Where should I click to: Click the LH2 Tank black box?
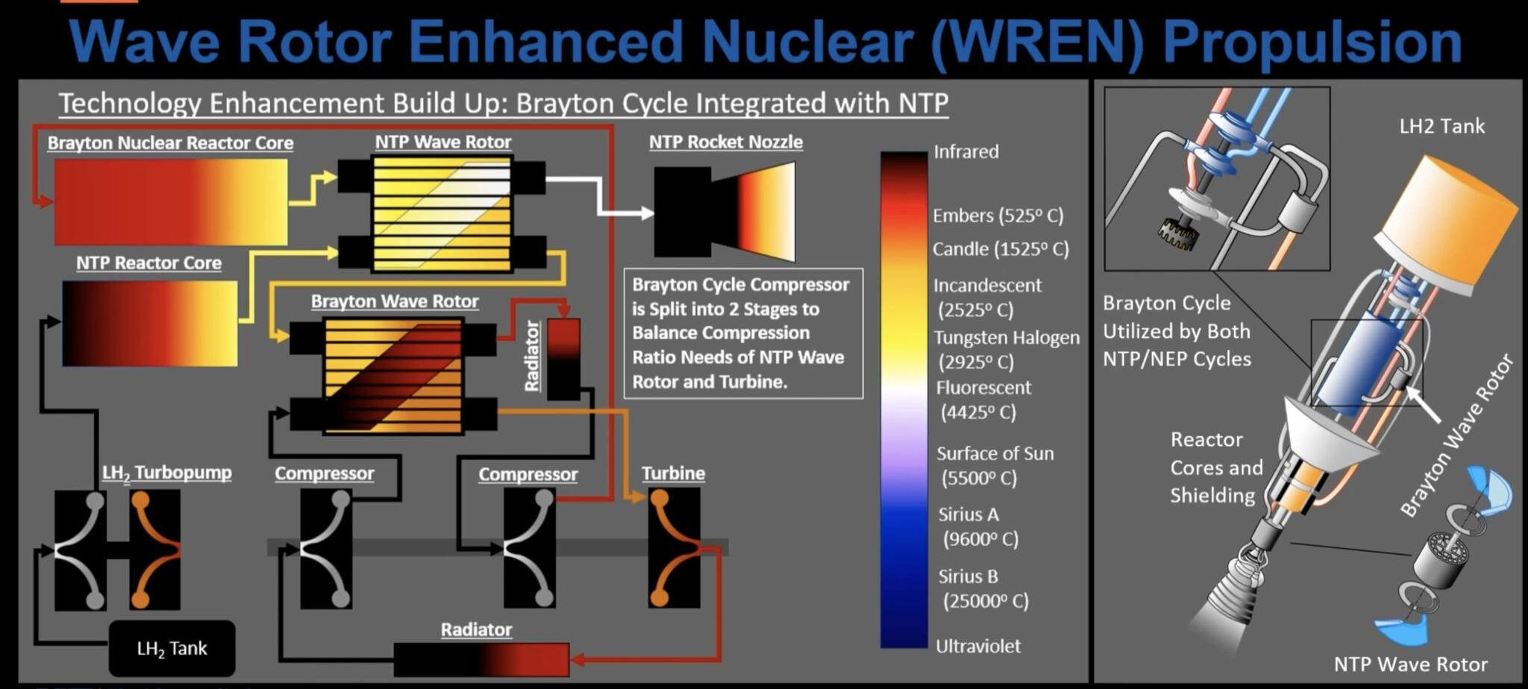(172, 648)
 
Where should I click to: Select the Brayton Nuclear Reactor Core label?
(170, 142)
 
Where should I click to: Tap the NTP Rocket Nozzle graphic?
(724, 212)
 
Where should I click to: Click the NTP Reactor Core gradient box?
(149, 323)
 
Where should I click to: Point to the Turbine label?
(673, 474)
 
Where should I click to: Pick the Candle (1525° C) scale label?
(1000, 249)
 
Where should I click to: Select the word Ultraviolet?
(977, 646)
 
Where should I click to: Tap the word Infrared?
(965, 152)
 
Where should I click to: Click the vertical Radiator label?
(532, 356)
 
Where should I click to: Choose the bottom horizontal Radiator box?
(481, 659)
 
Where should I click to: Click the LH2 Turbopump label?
(166, 474)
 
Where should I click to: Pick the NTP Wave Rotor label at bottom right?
(1410, 664)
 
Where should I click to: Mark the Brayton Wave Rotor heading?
(395, 301)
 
